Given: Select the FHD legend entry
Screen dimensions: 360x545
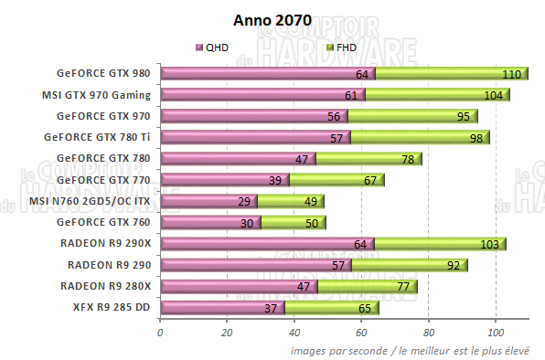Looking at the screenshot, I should [341, 47].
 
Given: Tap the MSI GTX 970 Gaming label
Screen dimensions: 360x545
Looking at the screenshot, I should [96, 95].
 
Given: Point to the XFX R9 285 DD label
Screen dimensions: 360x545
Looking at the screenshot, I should [112, 307].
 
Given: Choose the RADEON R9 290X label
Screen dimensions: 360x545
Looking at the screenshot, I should [109, 243].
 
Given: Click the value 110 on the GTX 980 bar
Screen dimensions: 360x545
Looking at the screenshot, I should [511, 74].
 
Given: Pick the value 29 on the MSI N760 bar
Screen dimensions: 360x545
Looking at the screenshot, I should [243, 201].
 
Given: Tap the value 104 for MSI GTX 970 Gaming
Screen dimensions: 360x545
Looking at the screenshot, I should [493, 95].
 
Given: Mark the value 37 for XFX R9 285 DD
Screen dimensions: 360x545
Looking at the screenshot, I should [272, 307].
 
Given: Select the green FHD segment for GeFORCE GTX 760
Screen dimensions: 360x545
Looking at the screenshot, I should [293, 222].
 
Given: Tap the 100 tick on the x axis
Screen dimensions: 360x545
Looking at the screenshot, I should [496, 332].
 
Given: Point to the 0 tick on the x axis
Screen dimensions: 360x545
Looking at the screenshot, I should [161, 332].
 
